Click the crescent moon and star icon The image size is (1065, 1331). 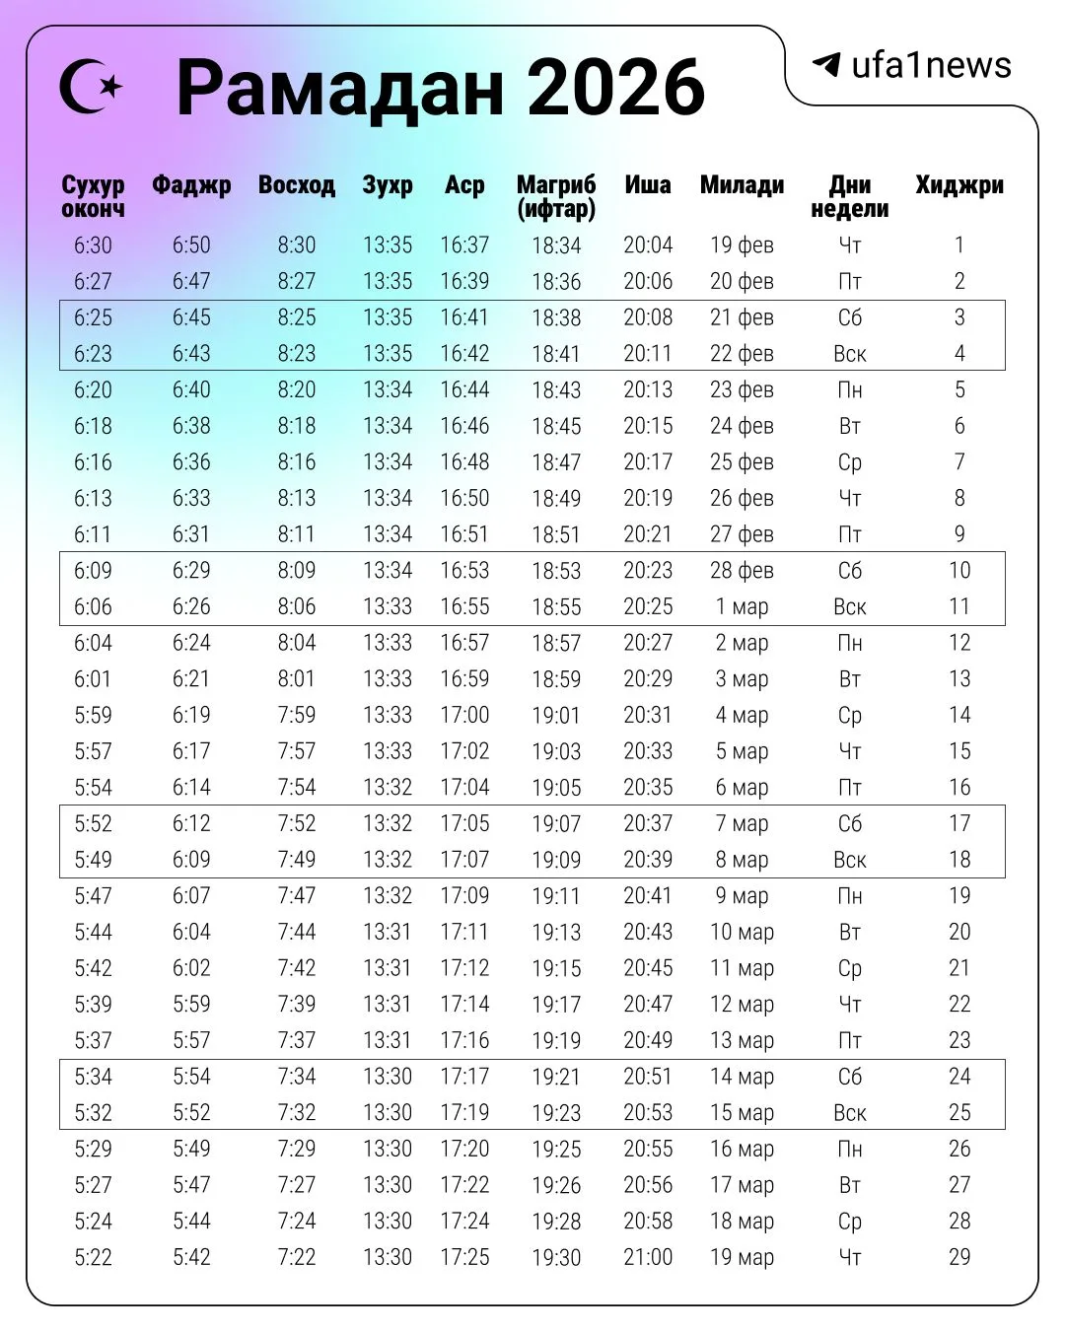(x=91, y=87)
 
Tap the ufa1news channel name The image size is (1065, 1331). (x=931, y=65)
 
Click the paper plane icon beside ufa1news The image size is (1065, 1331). (x=825, y=65)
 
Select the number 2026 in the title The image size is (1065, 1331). (x=616, y=88)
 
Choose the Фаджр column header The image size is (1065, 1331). (x=191, y=185)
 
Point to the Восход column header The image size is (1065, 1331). (x=296, y=185)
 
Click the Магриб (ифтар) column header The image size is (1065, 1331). (x=556, y=196)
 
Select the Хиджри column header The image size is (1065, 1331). (x=958, y=185)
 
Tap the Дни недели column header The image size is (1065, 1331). (x=849, y=196)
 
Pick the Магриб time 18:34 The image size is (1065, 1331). (x=556, y=245)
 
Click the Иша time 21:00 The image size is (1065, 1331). (x=648, y=1257)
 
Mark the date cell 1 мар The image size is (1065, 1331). (x=742, y=606)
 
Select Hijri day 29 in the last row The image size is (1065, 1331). (x=958, y=1257)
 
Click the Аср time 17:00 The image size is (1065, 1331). (x=464, y=715)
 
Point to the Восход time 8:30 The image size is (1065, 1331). (x=296, y=245)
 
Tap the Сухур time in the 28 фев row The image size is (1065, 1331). (x=93, y=571)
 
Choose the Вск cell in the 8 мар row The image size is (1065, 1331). (x=849, y=860)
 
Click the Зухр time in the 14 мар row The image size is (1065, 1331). (x=388, y=1077)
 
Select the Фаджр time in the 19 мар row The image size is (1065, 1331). (x=191, y=1257)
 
